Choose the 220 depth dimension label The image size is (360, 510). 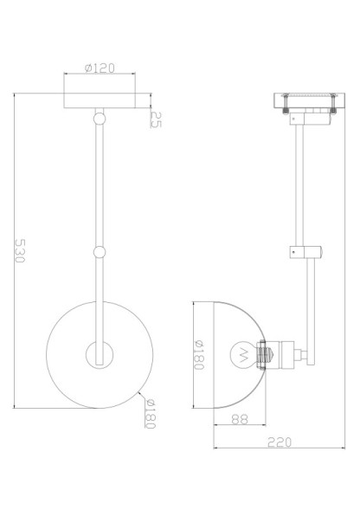coord(277,442)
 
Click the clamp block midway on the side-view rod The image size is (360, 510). coord(305,251)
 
